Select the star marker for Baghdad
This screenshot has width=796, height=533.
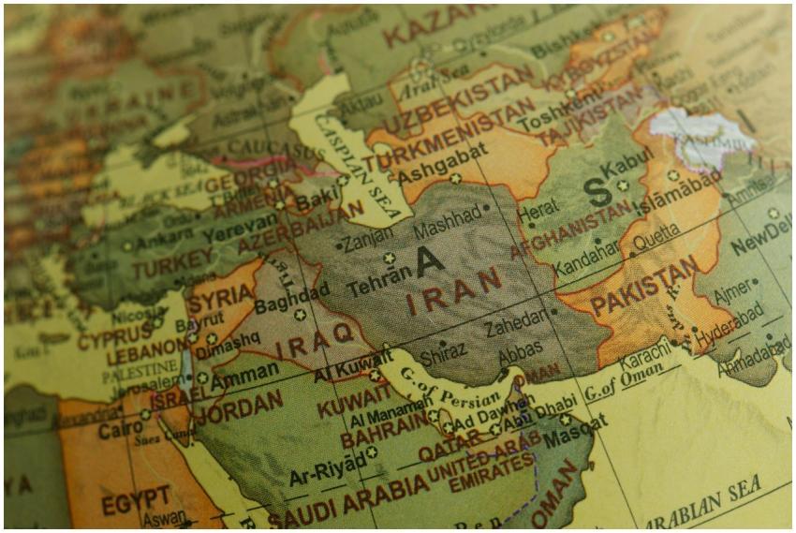point(300,315)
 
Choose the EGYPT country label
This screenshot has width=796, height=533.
point(136,500)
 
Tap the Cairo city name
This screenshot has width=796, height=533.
point(119,430)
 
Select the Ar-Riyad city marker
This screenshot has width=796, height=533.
point(371,452)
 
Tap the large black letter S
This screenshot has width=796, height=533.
point(596,192)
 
